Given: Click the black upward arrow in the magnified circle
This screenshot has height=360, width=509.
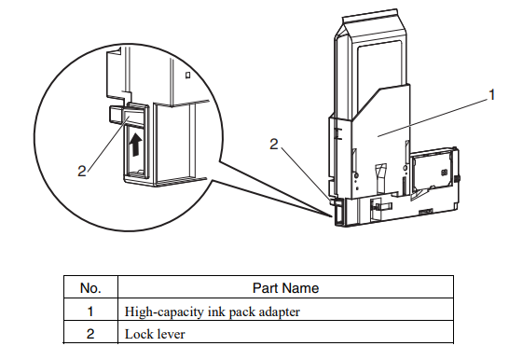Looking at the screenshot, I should click(138, 145).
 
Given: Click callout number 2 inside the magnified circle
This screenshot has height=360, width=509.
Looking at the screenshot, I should click(82, 171).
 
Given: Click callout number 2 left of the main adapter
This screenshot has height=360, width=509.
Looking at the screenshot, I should click(273, 145).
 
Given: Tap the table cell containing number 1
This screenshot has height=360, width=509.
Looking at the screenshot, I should click(90, 311).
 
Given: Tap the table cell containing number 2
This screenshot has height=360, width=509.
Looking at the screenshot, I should click(90, 333).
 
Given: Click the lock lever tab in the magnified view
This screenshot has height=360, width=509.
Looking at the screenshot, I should click(118, 115).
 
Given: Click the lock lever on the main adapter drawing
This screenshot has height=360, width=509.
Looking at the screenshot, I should click(336, 213).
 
